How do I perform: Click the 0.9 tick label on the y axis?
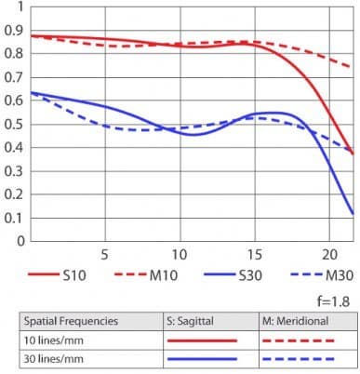coord(14,31)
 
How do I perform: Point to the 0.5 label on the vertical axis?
coord(14,125)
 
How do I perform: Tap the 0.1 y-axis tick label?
coord(14,218)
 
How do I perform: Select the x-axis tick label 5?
coord(104,255)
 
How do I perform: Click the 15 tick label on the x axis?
coord(255,255)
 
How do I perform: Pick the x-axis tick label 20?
coord(329,255)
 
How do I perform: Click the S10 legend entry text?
coord(74,275)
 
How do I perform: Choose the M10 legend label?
coord(164,275)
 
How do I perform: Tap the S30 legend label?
coord(250,275)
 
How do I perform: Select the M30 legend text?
coord(340,275)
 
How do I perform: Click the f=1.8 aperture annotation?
coord(334,301)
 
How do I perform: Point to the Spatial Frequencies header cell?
coord(71,321)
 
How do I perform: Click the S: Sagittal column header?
coord(190,321)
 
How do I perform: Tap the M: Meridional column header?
coord(296,321)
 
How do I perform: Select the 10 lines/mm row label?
coord(54,341)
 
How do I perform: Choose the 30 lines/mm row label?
coord(54,359)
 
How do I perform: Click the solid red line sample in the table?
coord(202,341)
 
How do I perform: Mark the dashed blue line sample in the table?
coord(299,359)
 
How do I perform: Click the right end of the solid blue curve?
coord(353,214)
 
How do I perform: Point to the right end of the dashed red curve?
coord(351,66)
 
